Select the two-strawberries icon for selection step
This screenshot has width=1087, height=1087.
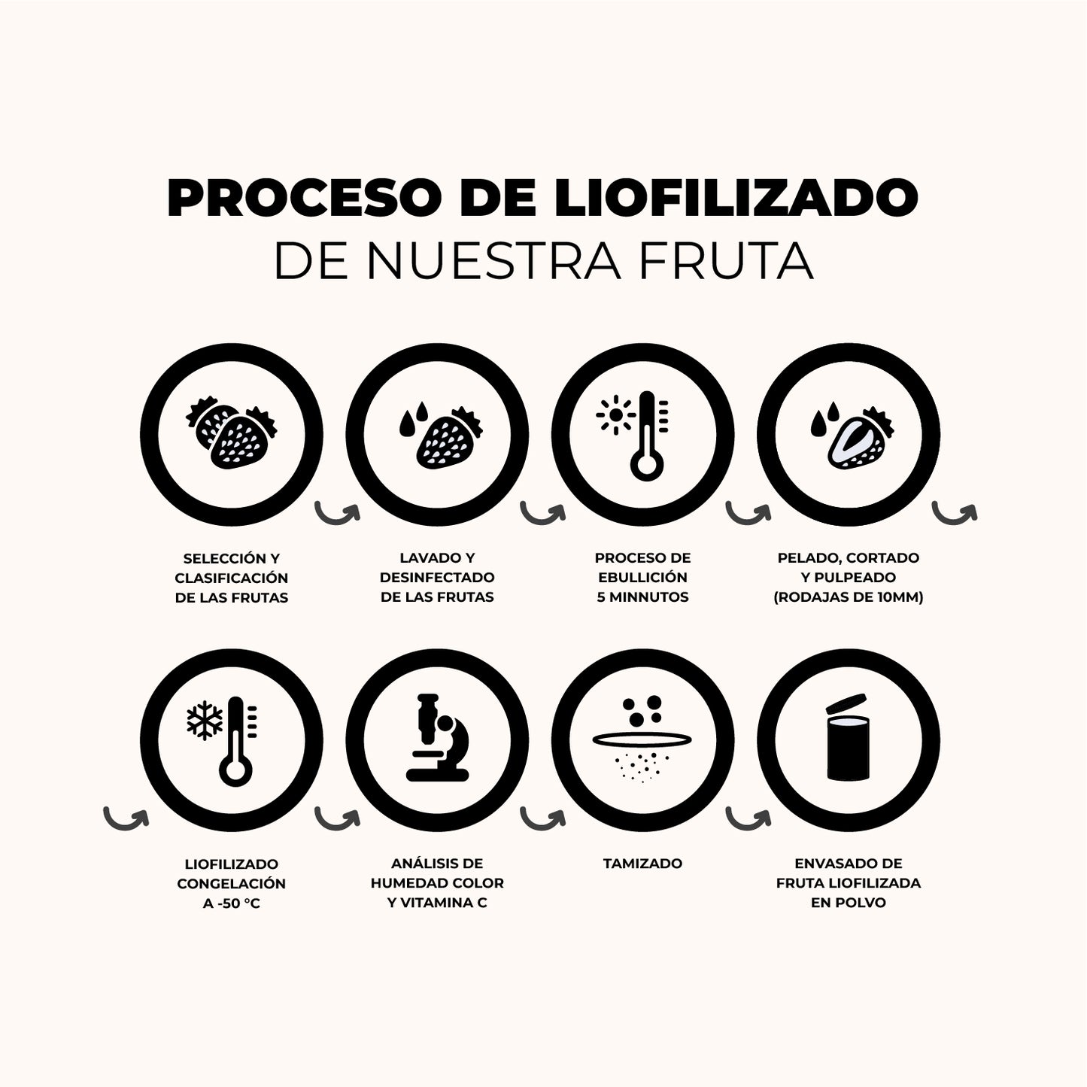point(232,436)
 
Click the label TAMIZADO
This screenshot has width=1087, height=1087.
point(642,864)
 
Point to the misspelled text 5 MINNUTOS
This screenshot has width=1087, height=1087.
point(642,597)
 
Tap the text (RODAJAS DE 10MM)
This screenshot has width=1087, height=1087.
point(848,597)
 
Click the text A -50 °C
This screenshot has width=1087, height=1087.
point(232,903)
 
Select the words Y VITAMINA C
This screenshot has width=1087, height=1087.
point(437,903)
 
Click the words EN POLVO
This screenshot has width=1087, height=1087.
point(848,903)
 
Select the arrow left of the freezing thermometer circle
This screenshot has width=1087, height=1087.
point(125,817)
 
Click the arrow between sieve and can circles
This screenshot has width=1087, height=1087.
point(747,818)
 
